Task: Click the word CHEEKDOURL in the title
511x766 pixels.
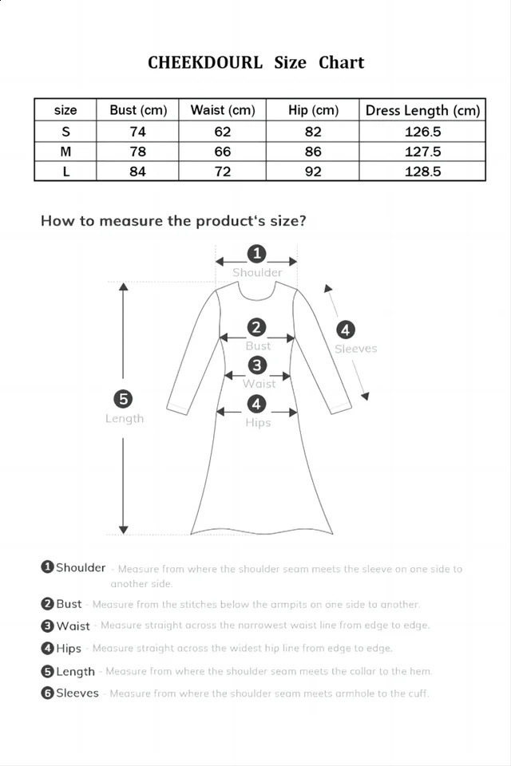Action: [x=204, y=63]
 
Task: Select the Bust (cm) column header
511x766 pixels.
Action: [x=138, y=110]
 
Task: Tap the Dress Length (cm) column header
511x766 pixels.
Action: [x=422, y=110]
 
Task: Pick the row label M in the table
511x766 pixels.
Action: [x=65, y=152]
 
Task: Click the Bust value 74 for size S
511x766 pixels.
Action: [x=138, y=132]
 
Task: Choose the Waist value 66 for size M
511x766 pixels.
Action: [x=223, y=152]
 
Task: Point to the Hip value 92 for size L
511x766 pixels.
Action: [x=313, y=172]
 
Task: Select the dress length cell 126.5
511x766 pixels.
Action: [x=422, y=132]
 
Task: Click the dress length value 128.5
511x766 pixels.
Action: [x=422, y=172]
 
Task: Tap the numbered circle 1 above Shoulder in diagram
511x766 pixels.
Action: [x=257, y=254]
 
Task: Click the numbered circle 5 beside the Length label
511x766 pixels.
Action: [x=124, y=399]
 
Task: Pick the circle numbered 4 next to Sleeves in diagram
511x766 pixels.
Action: [x=345, y=329]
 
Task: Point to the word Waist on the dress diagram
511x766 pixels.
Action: [x=259, y=384]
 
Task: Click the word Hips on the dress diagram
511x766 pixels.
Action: [x=258, y=423]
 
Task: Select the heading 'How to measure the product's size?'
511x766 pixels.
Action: [x=173, y=221]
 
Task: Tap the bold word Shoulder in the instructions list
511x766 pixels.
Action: [x=81, y=567]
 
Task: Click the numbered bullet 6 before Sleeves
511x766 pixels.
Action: [x=47, y=693]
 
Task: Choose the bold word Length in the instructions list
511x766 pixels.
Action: [x=75, y=671]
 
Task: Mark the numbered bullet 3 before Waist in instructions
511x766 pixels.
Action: [x=47, y=626]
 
